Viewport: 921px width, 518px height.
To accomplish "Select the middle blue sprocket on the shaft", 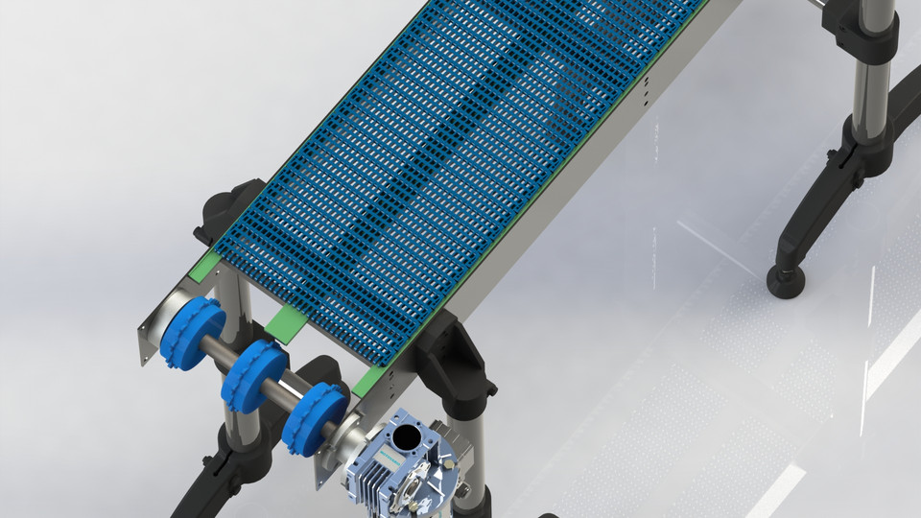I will [254, 376].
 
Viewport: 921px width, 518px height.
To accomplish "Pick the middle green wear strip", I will [284, 323].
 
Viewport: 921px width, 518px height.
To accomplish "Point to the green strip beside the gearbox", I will [367, 382].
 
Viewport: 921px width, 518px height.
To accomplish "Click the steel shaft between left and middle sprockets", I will [224, 355].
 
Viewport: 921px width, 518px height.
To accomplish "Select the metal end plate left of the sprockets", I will [153, 326].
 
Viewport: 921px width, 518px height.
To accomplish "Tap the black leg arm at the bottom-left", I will [206, 480].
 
